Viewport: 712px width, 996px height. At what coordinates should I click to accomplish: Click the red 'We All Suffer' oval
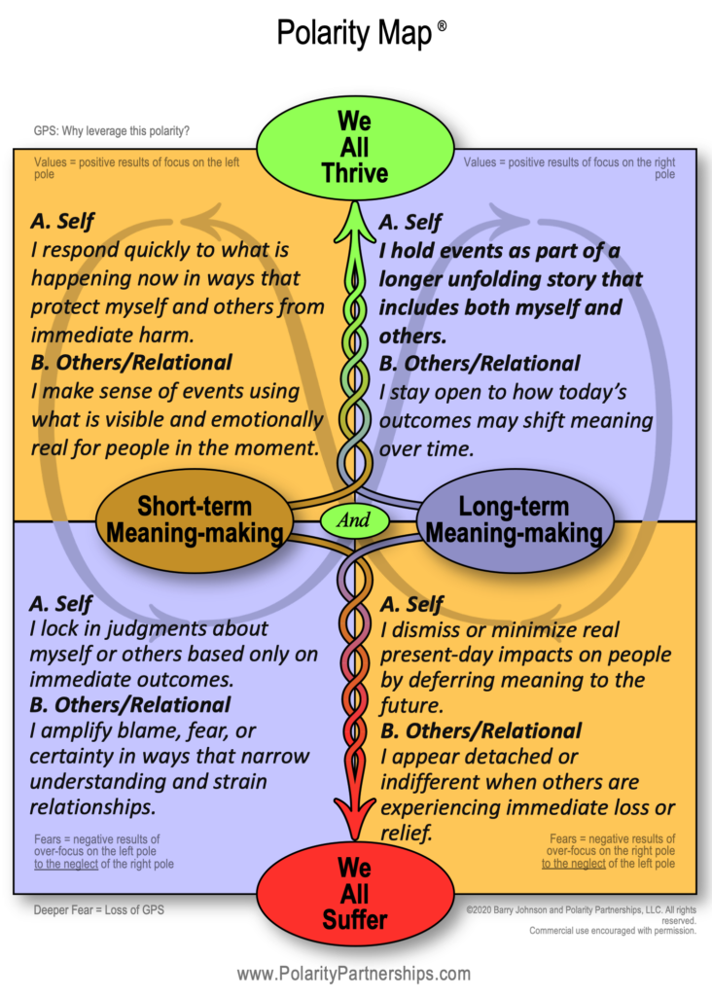(x=354, y=892)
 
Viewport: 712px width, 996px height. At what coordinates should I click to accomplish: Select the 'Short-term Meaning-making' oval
(x=194, y=519)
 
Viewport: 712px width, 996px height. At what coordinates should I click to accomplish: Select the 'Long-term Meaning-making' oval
(x=515, y=519)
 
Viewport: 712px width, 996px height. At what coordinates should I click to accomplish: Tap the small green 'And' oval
(x=354, y=519)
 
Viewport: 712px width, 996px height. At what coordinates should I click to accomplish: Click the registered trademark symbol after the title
(x=442, y=27)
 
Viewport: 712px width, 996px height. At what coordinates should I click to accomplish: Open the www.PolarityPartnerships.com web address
(x=354, y=973)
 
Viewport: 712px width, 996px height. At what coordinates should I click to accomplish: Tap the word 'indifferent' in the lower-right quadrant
(x=431, y=782)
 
